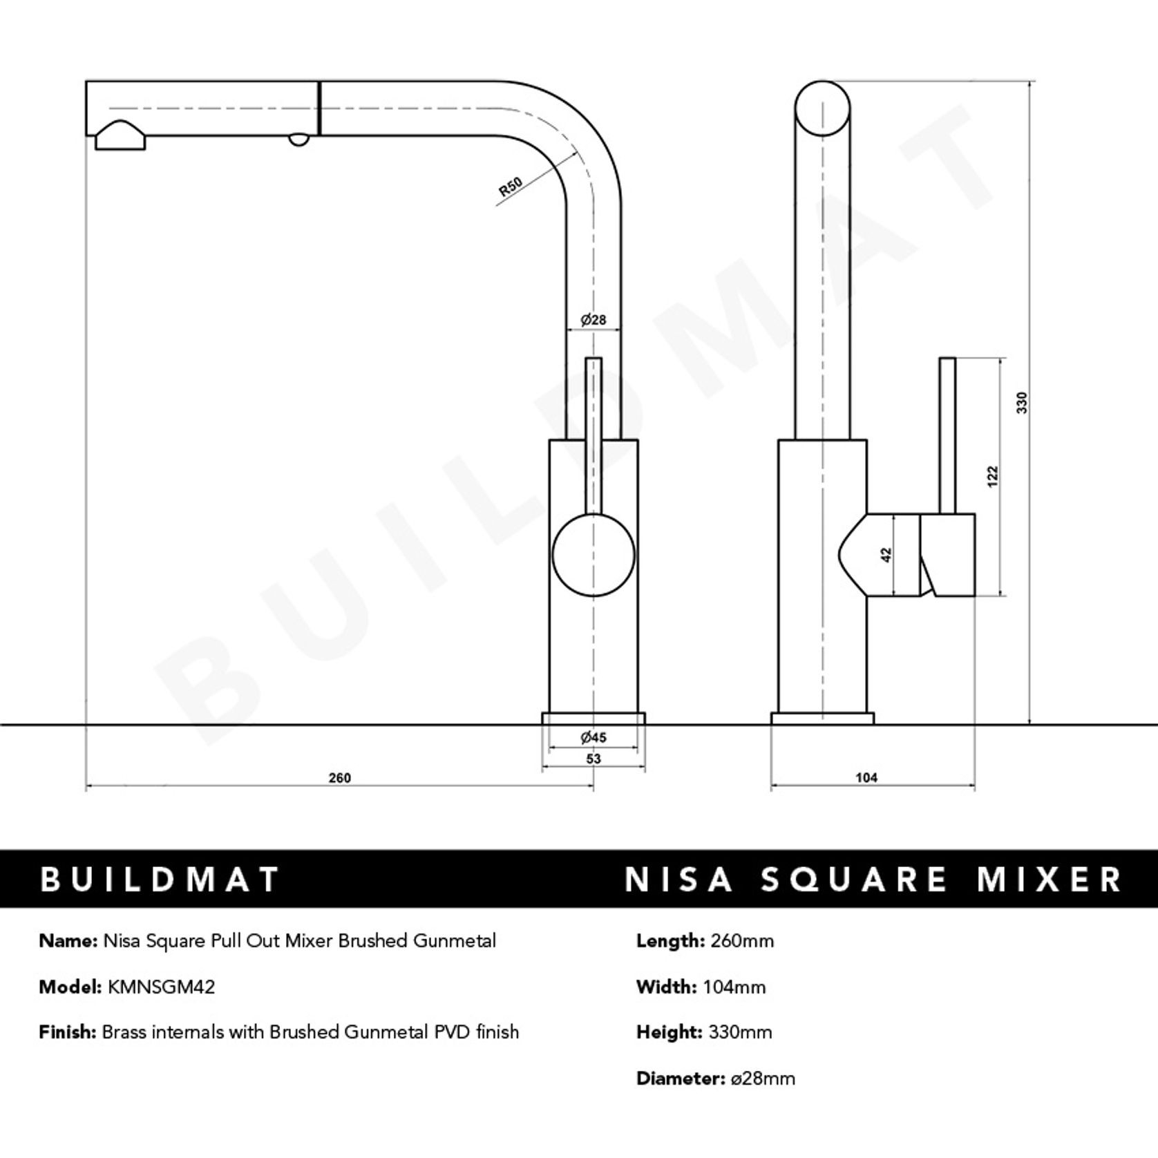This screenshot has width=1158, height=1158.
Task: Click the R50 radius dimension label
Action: [511, 187]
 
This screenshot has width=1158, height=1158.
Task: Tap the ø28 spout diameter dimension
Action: [593, 320]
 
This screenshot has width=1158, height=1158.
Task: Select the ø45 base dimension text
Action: [593, 737]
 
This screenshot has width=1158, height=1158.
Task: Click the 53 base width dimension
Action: [593, 759]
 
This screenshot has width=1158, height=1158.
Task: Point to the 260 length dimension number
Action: [339, 778]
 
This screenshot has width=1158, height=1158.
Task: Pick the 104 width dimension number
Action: [866, 778]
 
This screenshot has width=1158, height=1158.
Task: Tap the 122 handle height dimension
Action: [993, 477]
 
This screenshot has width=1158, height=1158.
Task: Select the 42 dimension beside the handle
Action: [887, 554]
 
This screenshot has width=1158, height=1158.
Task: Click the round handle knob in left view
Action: [593, 556]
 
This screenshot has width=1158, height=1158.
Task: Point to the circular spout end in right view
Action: [822, 108]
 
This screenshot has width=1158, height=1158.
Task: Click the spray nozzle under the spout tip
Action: [120, 137]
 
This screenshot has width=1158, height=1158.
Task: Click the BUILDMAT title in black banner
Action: [160, 880]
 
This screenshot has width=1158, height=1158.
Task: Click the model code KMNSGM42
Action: [161, 987]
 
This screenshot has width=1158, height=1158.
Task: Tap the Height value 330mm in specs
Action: [740, 1032]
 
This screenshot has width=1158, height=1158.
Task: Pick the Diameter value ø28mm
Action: [763, 1079]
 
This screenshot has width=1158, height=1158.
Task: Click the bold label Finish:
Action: [67, 1032]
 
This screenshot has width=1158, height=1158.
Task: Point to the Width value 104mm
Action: [734, 987]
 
